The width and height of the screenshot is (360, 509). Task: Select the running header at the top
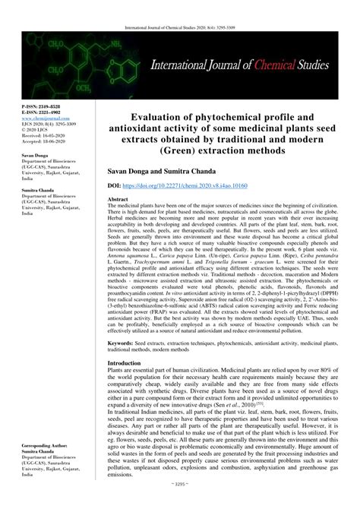[x=179, y=7]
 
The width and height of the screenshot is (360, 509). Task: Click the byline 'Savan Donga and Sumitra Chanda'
[x=151, y=170]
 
